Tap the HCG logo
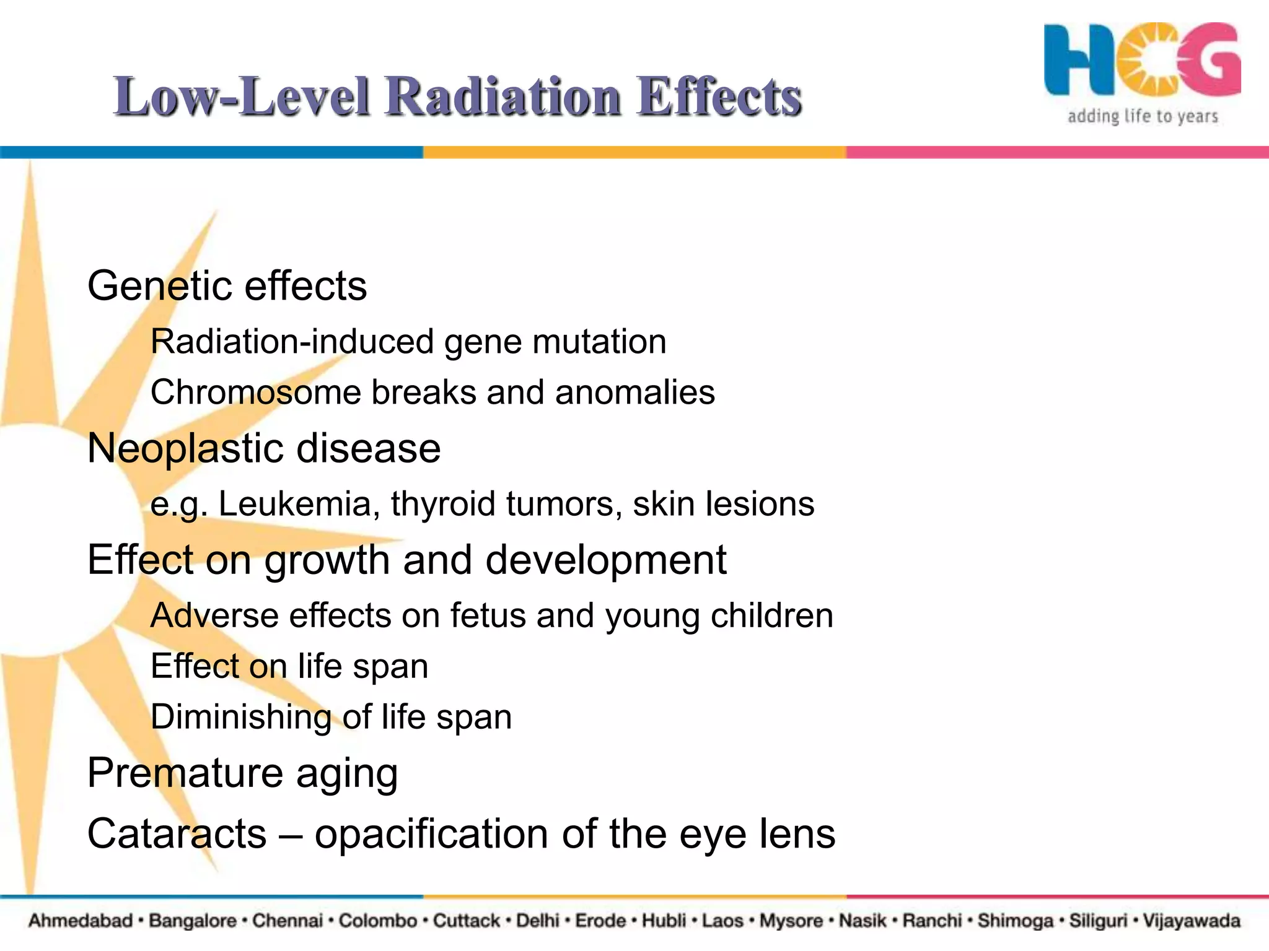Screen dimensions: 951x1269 [1142, 61]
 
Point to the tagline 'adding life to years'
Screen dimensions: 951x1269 [1143, 116]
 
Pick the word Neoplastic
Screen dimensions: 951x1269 [183, 448]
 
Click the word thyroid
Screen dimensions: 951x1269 [443, 504]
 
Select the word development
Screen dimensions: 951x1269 [605, 560]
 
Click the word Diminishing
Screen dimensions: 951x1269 [240, 718]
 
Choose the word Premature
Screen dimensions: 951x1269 [185, 773]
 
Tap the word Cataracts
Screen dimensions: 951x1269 [177, 833]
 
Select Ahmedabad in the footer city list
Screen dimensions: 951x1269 [81, 921]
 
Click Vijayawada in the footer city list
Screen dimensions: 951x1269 [1192, 921]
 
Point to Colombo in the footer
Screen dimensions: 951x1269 [378, 921]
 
